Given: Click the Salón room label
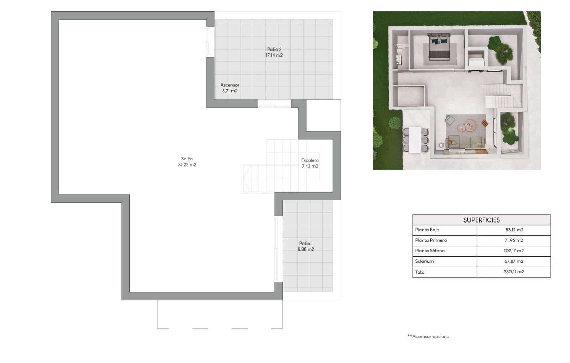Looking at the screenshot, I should [x=187, y=162].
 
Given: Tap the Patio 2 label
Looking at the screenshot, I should [x=274, y=52].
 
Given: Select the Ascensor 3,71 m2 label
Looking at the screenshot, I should [x=230, y=88].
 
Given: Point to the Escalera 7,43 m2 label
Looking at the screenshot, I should [x=310, y=163].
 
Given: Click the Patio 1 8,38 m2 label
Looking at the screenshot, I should [x=306, y=246].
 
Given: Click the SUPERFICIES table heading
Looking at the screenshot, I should [x=481, y=220].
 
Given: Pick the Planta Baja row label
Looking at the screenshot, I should [x=427, y=230].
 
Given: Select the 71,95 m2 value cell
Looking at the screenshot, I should [x=514, y=240].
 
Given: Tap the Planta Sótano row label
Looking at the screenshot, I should [x=430, y=251].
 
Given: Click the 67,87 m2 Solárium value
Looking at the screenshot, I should [x=514, y=261].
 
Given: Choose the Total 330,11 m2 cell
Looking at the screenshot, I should [x=514, y=272].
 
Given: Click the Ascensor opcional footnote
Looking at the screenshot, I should [x=429, y=336].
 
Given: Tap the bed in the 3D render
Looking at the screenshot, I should [x=439, y=48].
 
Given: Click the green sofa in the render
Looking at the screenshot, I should [x=466, y=142].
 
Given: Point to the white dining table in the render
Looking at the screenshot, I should [x=415, y=139].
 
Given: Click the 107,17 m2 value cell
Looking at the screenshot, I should [x=514, y=251].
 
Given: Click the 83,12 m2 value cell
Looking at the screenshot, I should [x=514, y=230].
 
